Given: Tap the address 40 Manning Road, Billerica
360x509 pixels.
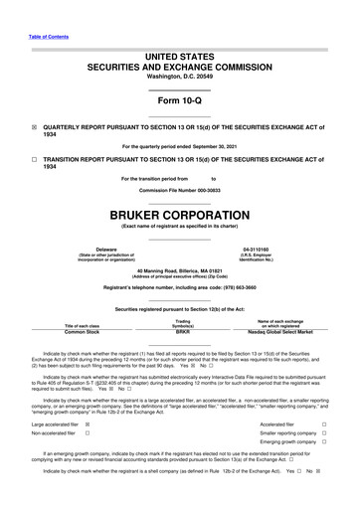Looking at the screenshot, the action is (179, 270).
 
